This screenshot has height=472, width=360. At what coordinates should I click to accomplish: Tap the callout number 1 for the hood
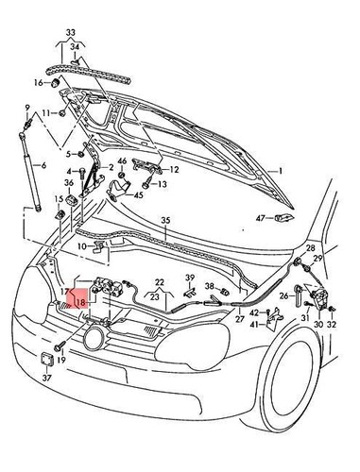(x=279, y=171)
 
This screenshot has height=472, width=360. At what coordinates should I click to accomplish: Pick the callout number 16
(x=39, y=83)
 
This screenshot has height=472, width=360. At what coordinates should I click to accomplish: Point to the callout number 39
(x=189, y=277)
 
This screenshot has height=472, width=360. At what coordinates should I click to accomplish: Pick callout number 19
(x=60, y=360)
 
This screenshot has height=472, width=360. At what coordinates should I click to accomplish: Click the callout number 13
(x=162, y=185)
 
